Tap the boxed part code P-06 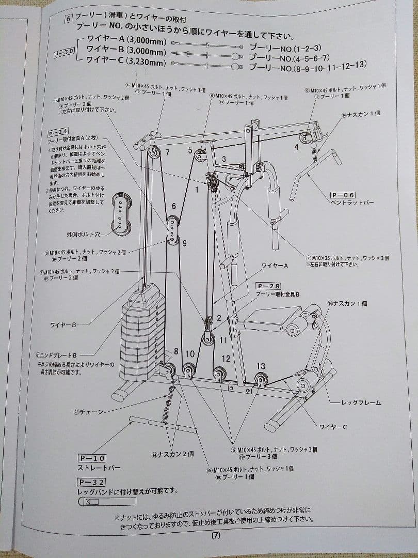(x=343, y=195)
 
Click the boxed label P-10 (x=92, y=458)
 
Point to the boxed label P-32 (x=92, y=482)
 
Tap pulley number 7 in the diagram (x=167, y=152)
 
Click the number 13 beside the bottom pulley (x=261, y=366)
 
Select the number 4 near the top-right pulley (x=296, y=147)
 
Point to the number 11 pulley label (x=223, y=340)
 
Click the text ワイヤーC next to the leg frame (x=333, y=427)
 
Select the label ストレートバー (x=99, y=468)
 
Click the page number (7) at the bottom (x=216, y=536)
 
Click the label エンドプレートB (x=57, y=355)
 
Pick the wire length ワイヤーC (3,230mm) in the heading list (x=126, y=62)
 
